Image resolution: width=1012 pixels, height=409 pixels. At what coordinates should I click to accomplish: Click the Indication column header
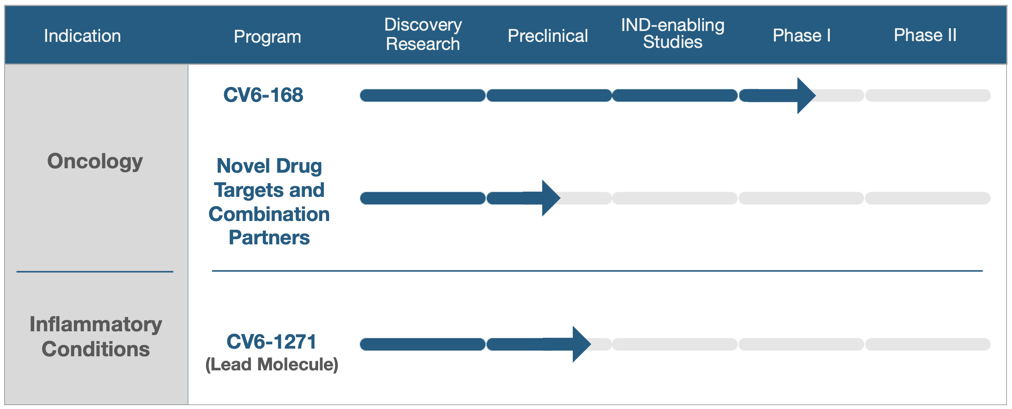point(82,36)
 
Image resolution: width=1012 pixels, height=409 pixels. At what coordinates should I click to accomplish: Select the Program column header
point(267,37)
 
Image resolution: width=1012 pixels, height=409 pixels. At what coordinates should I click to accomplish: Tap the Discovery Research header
point(423,34)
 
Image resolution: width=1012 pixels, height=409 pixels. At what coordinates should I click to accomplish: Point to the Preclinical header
point(548,36)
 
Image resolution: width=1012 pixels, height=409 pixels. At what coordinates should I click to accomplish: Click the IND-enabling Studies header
point(673,33)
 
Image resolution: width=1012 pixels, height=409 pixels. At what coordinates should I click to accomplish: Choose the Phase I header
point(802,35)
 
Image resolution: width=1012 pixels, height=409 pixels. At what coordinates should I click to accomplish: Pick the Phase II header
point(925,35)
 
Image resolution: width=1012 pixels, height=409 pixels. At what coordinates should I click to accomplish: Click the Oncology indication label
point(95,161)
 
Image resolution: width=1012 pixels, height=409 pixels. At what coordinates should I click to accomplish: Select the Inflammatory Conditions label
point(96,337)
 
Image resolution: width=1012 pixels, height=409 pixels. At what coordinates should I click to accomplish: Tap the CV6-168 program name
point(263,95)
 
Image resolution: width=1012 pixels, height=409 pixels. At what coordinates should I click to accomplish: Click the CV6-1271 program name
point(272,342)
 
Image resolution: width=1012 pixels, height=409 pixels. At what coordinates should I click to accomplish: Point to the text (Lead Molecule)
point(272,365)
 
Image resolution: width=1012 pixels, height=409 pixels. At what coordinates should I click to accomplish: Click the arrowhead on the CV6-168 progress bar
point(806,95)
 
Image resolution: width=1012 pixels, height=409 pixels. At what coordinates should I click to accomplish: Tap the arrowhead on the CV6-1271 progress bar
point(582,344)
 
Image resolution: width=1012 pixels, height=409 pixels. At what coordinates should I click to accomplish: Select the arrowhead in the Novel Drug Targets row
point(551,198)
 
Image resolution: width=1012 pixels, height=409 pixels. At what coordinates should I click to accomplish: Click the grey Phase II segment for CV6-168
point(928,95)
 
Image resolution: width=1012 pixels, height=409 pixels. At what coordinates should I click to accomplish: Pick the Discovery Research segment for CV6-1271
point(423,344)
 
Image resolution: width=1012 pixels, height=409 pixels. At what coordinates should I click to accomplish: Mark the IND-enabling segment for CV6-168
point(675,95)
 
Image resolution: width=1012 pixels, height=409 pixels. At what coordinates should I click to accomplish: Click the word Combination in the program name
point(269,214)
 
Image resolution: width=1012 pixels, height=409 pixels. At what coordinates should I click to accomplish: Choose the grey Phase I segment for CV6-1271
point(801,344)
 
